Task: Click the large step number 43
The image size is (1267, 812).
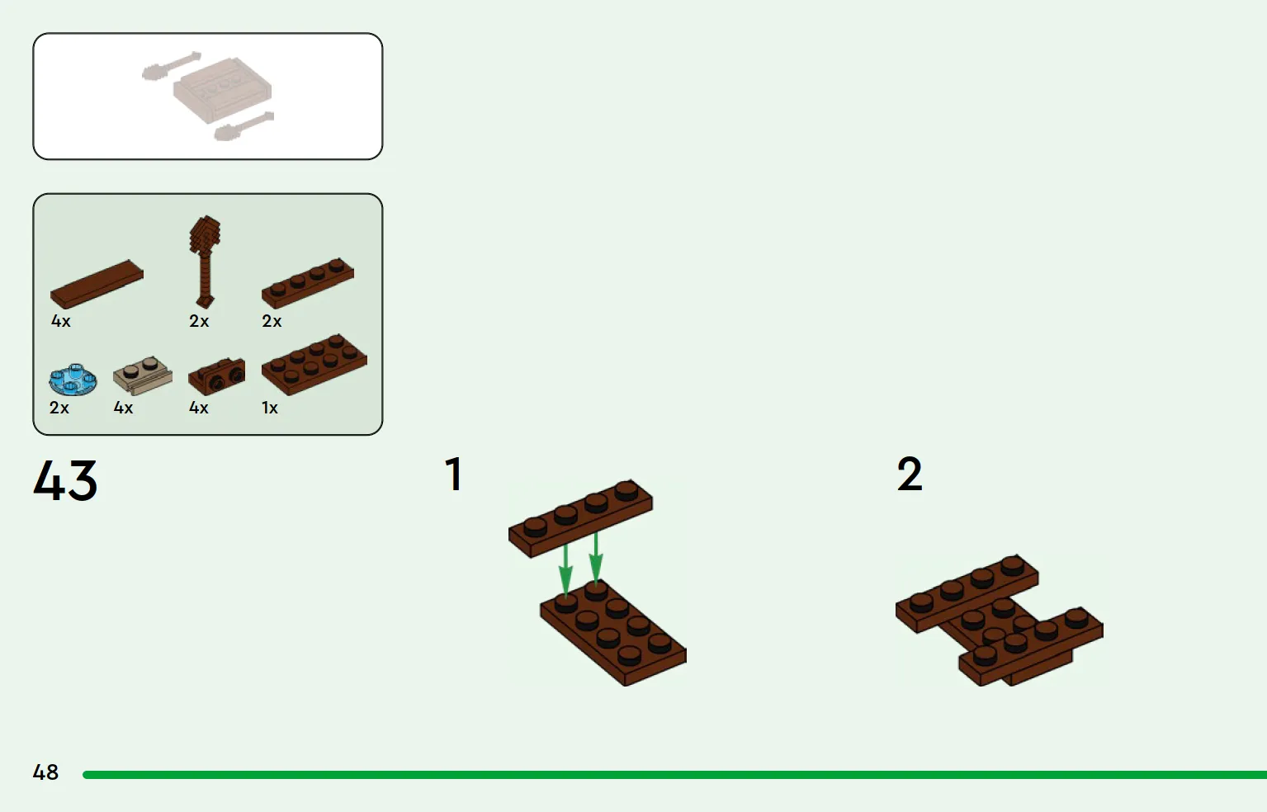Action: pos(65,480)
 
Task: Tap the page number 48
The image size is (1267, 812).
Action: pos(45,772)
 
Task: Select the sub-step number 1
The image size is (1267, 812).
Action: pos(454,474)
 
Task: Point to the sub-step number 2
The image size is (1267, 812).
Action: pos(910,474)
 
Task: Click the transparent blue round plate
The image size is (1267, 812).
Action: pos(73,380)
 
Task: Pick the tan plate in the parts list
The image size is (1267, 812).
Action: pos(143,375)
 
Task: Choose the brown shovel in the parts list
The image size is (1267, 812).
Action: pos(205,262)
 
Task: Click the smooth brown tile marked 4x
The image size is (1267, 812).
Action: pos(97,284)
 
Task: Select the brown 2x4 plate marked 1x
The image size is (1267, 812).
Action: pos(314,364)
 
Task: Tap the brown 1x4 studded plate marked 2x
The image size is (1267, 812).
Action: pos(308,283)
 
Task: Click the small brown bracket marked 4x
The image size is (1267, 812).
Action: pos(216,376)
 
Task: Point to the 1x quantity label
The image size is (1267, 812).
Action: pos(270,408)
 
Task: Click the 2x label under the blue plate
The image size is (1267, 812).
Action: pos(59,408)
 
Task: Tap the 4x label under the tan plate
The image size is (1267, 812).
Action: pos(123,408)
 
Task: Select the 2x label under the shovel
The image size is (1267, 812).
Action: pos(199,321)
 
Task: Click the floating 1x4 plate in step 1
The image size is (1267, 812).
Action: pos(580,518)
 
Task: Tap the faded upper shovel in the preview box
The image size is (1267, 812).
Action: pos(172,65)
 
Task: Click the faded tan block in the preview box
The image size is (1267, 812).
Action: pos(222,90)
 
